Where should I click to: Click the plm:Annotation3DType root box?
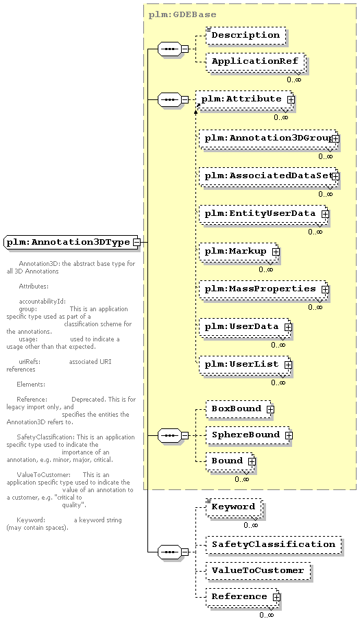(72, 242)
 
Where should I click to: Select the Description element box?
(245, 35)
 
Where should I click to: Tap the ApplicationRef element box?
(255, 62)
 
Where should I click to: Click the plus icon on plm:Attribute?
(291, 100)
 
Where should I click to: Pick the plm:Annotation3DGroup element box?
(268, 138)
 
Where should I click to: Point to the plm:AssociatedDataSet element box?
(268, 176)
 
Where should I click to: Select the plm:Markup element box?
(239, 252)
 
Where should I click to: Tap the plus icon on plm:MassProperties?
(325, 289)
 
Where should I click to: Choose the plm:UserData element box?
(245, 327)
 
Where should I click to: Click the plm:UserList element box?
(245, 365)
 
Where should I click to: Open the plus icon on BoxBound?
(270, 409)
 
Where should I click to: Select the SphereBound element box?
(248, 435)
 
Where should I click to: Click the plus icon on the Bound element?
(252, 461)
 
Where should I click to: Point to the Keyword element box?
(234, 507)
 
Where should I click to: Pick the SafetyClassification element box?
(274, 544)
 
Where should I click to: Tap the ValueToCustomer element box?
(258, 571)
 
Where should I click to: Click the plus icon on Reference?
(276, 597)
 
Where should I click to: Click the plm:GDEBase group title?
(182, 15)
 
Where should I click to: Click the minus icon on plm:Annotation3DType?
(136, 242)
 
